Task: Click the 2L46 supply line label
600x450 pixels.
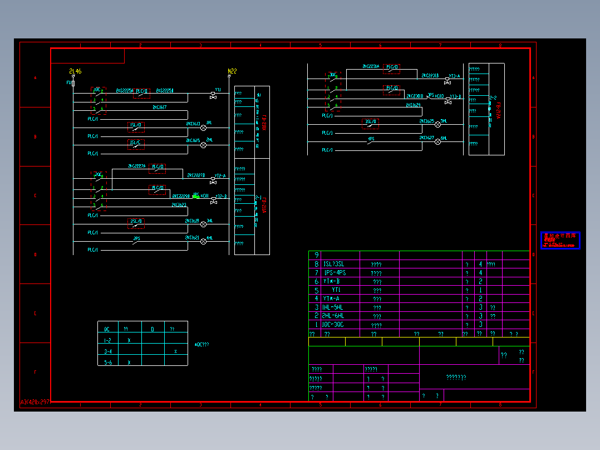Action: [x=75, y=71]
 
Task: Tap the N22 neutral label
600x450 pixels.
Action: [x=232, y=71]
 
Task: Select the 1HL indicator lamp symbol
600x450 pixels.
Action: [x=203, y=128]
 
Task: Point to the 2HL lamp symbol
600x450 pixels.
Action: [x=203, y=145]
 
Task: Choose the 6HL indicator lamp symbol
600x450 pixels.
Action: [x=437, y=142]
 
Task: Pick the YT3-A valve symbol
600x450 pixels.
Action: [x=447, y=81]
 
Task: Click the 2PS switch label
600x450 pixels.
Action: [x=136, y=238]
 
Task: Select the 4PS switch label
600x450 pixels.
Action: [x=371, y=139]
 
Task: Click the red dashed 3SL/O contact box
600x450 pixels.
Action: [x=370, y=122]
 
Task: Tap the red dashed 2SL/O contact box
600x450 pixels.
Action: [x=136, y=222]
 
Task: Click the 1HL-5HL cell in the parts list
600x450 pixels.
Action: [x=333, y=307]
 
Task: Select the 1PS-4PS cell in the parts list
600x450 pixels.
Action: [x=335, y=273]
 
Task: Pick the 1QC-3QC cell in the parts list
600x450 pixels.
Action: [x=333, y=325]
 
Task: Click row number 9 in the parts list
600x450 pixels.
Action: [x=317, y=255]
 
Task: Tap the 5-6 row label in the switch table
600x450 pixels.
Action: [x=108, y=362]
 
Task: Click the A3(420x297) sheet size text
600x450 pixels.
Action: [x=35, y=402]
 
